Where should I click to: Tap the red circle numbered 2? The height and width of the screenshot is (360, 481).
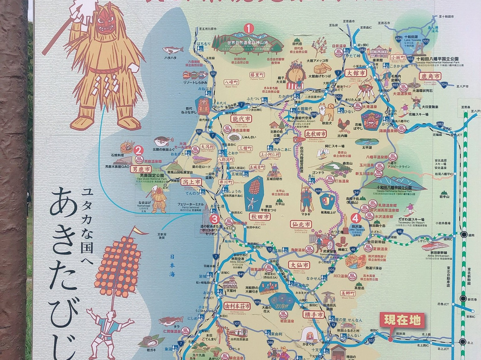point(139,151)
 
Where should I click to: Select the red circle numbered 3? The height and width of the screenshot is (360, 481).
point(215,219)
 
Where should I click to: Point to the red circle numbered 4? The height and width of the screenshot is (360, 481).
point(355,218)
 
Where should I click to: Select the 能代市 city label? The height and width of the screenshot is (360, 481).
point(241,119)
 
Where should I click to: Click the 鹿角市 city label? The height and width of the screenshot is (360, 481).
point(430,76)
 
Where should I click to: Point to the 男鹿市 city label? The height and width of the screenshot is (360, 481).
point(141,169)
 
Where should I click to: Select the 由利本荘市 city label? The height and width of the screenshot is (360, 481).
point(237,306)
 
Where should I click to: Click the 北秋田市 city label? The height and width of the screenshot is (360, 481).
point(315,133)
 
